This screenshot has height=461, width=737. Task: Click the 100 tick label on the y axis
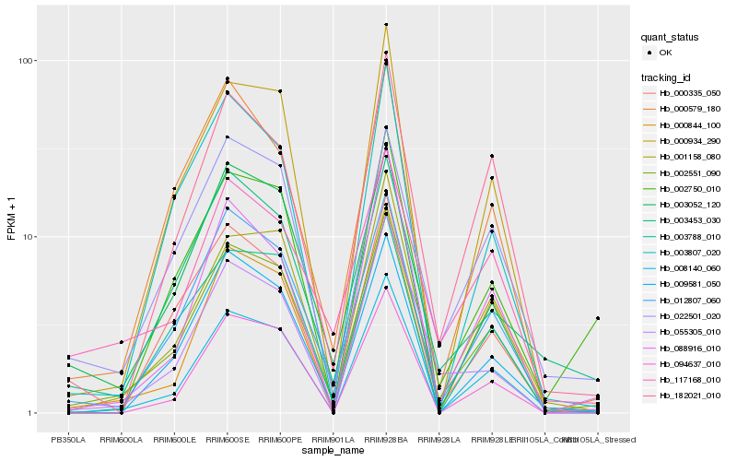(x=27, y=61)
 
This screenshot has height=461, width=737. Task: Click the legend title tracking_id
(x=669, y=77)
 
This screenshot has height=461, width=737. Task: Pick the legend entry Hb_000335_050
(x=690, y=93)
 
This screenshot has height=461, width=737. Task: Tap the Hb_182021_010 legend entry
(x=690, y=395)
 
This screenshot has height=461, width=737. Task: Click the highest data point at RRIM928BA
(x=386, y=25)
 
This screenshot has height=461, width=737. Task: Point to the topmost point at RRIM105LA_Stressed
(x=598, y=318)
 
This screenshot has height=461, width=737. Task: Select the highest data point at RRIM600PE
(x=280, y=91)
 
